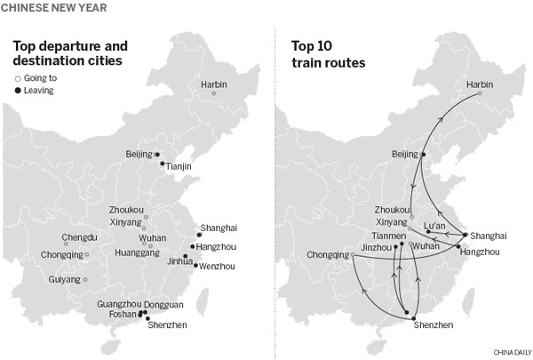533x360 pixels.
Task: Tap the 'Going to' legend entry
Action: [x=44, y=77]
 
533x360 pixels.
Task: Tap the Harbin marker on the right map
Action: [x=480, y=93]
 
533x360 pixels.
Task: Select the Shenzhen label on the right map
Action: [x=433, y=325]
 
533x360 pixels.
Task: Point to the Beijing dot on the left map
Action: [x=157, y=155]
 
